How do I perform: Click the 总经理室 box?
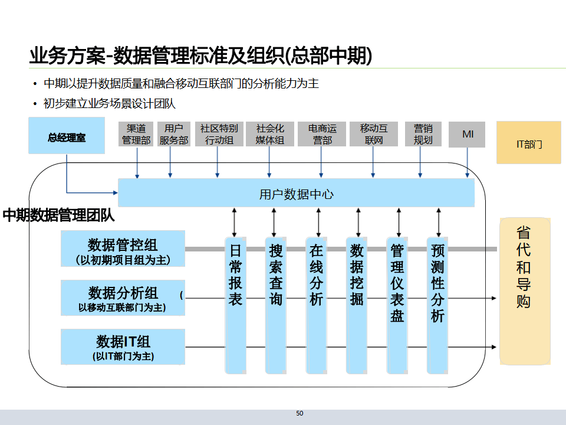(67, 136)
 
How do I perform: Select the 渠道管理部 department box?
(136, 135)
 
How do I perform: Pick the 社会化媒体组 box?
(269, 135)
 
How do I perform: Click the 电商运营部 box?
(322, 135)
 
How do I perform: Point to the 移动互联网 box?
(374, 135)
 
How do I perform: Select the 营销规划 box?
(423, 135)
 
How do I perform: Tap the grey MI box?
(468, 135)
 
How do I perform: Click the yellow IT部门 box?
(529, 143)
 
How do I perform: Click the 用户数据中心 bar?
(296, 193)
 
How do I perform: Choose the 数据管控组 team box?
(123, 249)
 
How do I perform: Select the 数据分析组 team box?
(123, 298)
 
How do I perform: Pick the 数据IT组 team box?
(123, 346)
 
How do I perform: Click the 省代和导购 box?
(524, 290)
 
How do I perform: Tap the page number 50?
(300, 414)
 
